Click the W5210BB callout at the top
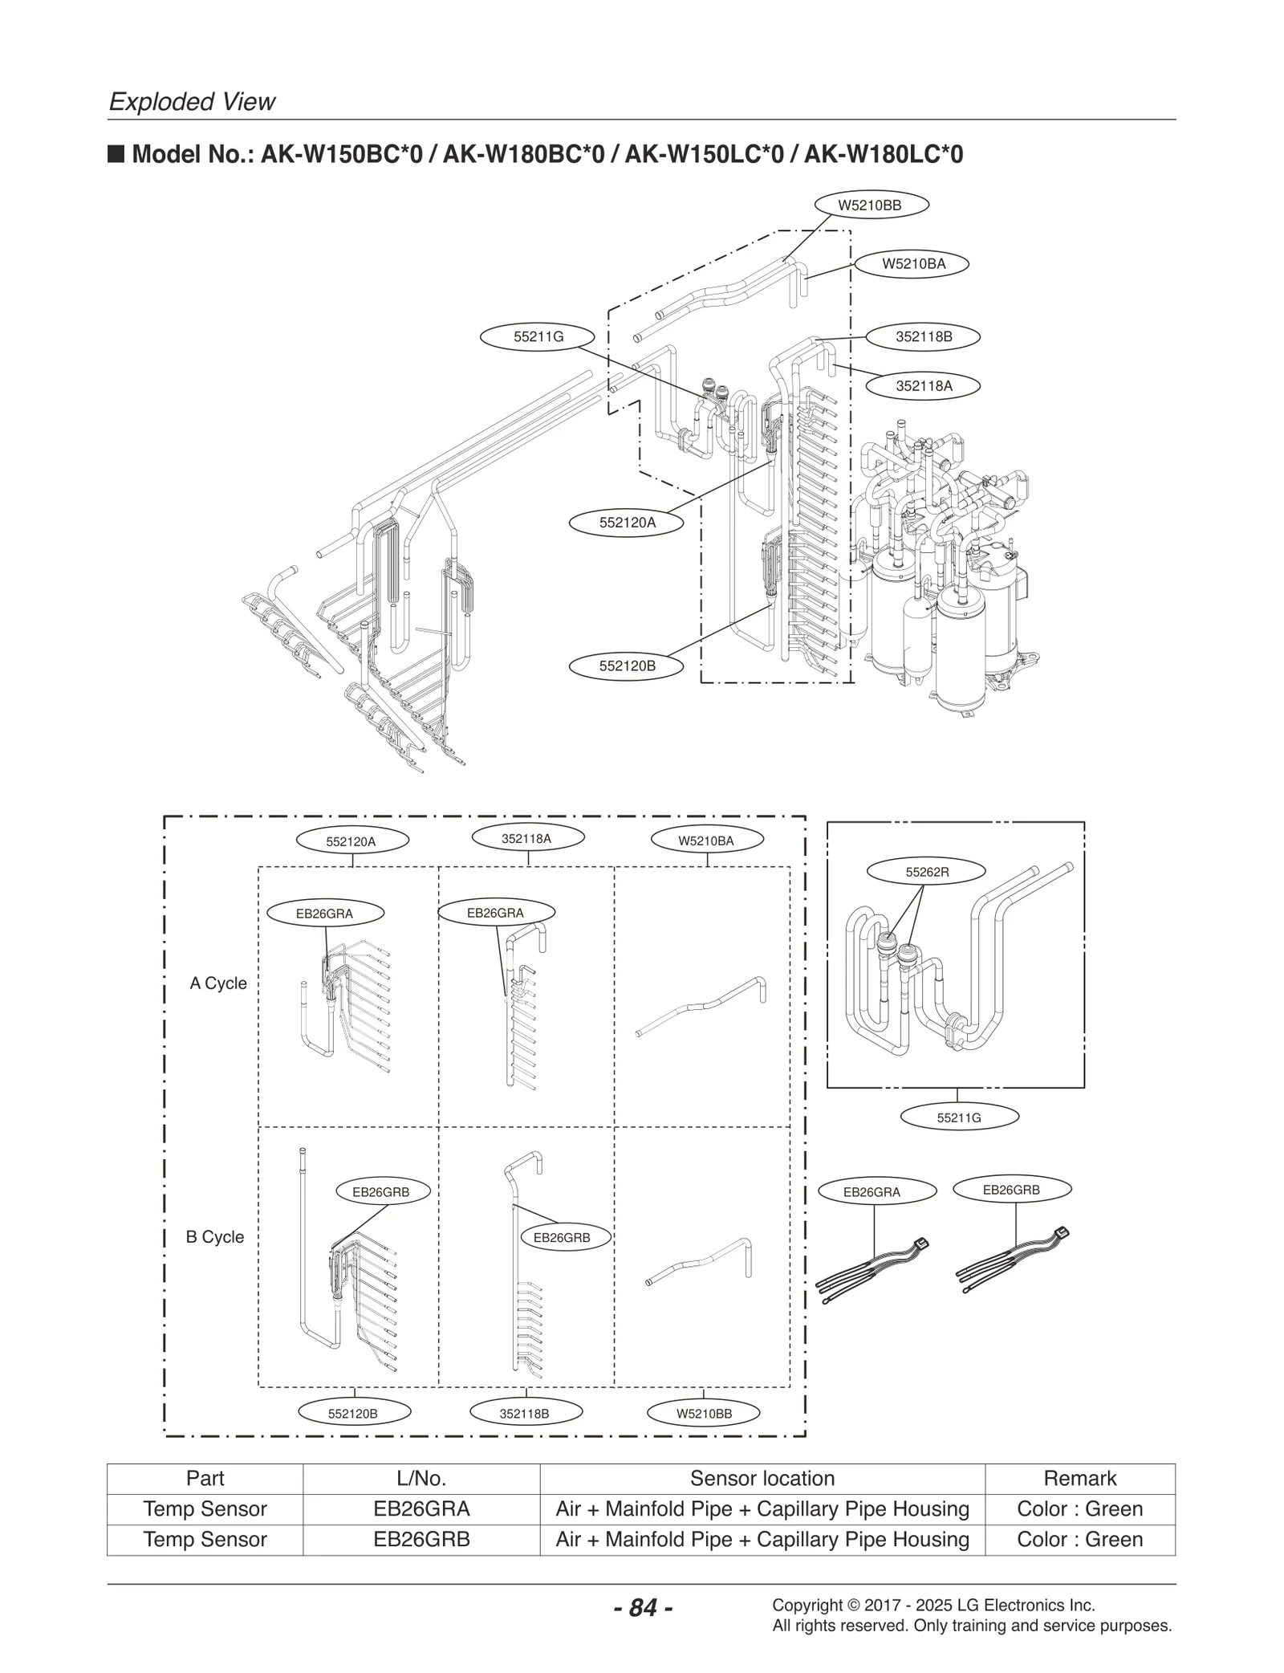pos(871,206)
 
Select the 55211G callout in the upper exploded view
pos(538,337)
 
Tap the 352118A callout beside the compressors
pos(924,385)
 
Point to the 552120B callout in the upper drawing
pos(627,666)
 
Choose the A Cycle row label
pos(218,983)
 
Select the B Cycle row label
pos(215,1236)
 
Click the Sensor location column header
pos(762,1478)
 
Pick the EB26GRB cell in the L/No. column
pos(421,1539)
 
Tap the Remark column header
pos(1079,1478)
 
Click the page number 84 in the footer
pos(643,1608)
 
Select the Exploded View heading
pos(192,102)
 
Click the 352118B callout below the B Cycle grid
pos(524,1414)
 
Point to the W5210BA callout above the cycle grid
pos(705,841)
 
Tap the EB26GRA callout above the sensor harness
pos(872,1192)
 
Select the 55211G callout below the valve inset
pos(959,1117)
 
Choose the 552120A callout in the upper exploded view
pos(627,523)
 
